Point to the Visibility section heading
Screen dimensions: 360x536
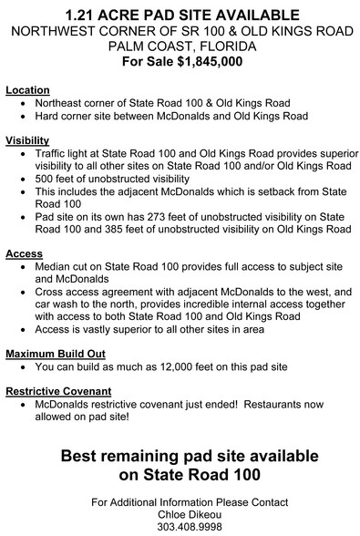tap(28, 141)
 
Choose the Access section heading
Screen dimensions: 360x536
tap(24, 252)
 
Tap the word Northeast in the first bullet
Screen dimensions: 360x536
tap(64, 104)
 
